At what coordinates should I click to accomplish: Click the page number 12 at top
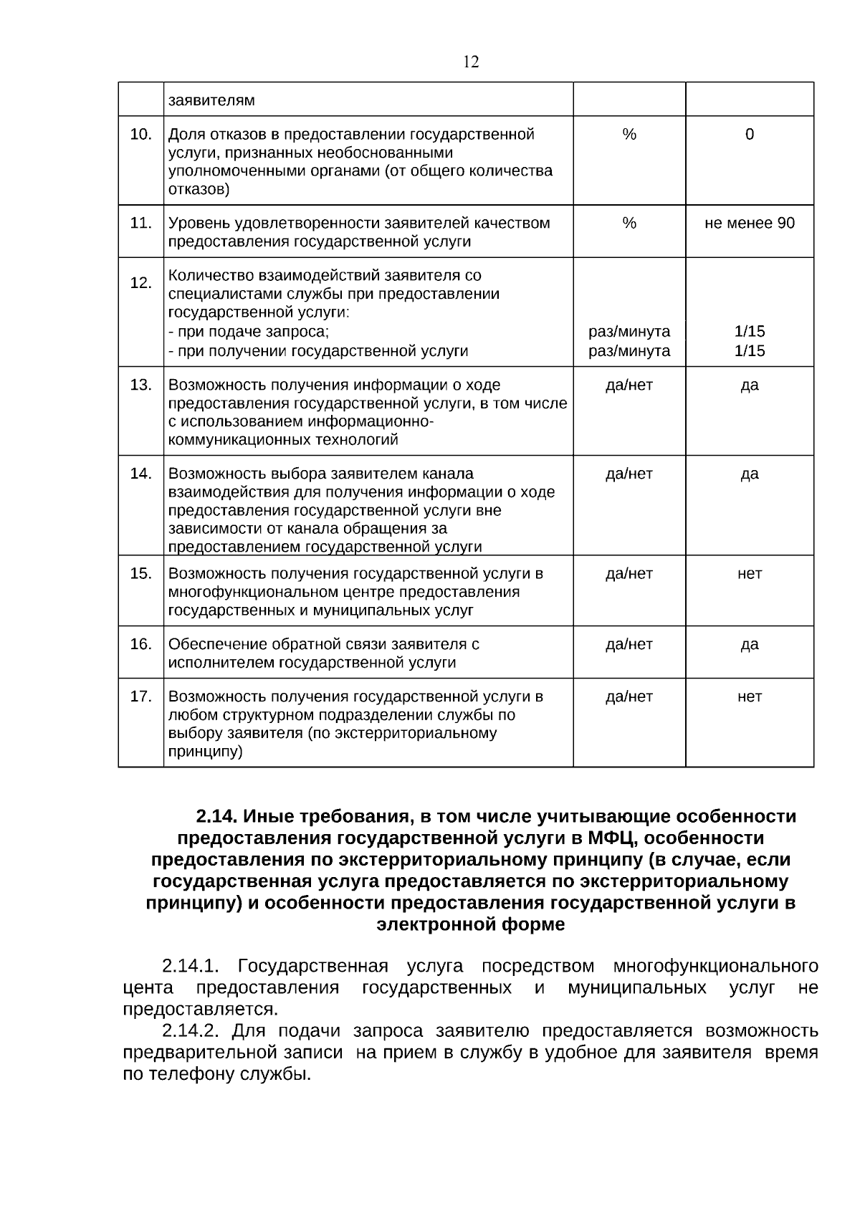pos(471,62)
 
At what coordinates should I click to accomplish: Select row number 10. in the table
pos(140,134)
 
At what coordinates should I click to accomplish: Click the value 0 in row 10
pos(750,134)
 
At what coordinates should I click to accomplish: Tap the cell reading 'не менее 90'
pos(750,223)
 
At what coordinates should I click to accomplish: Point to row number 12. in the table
pos(140,282)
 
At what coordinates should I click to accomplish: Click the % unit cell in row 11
pos(629,223)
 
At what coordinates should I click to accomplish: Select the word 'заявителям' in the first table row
pos(211,100)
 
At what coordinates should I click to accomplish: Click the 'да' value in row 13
pos(750,385)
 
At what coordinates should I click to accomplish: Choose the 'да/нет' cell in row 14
pos(629,474)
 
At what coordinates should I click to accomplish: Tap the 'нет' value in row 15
pos(750,573)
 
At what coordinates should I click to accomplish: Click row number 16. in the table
pos(140,643)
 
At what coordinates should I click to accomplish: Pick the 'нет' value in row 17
pos(750,696)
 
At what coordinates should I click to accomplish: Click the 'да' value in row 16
pos(750,643)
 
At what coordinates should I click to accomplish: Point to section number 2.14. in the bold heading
pos(217,816)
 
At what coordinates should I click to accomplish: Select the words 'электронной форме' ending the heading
pos(471,924)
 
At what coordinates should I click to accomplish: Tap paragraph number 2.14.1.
pos(190,966)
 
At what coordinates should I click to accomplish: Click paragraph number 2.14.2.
pos(190,1031)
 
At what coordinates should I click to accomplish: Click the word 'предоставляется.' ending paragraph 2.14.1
pos(200,1010)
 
